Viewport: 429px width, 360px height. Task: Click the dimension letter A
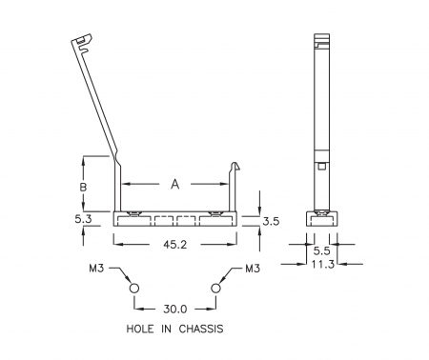pyautogui.click(x=175, y=184)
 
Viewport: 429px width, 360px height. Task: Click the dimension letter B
pyautogui.click(x=83, y=187)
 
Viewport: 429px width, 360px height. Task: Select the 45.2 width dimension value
pyautogui.click(x=175, y=245)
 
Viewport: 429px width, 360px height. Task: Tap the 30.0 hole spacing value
pyautogui.click(x=175, y=309)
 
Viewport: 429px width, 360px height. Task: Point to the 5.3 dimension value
pyautogui.click(x=83, y=219)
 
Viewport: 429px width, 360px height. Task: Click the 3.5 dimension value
pyautogui.click(x=271, y=221)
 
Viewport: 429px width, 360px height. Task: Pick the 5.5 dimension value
pyautogui.click(x=322, y=251)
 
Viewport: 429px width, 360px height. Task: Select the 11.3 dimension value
pyautogui.click(x=322, y=264)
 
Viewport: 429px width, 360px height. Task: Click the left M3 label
pyautogui.click(x=96, y=269)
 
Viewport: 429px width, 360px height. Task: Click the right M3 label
pyautogui.click(x=253, y=269)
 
